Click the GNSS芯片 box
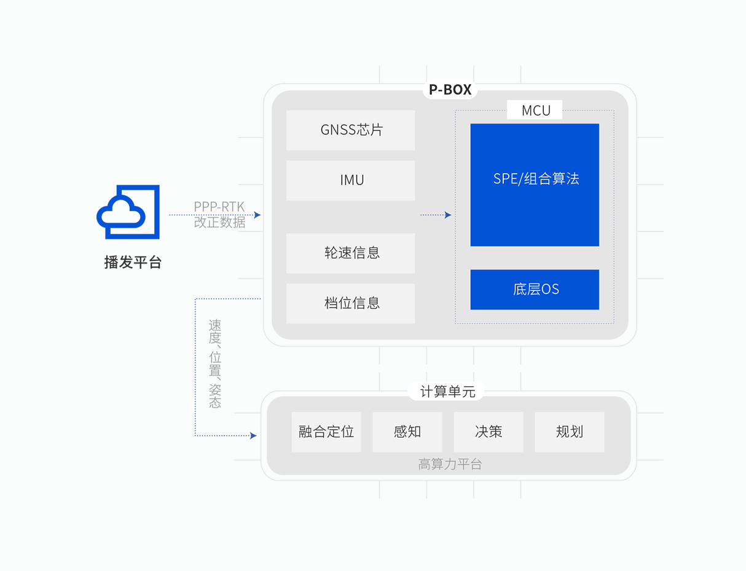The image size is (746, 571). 350,130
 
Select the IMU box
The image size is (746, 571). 350,181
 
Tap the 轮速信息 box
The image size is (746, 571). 350,253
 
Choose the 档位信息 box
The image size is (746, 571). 350,303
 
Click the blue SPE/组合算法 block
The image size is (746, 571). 535,185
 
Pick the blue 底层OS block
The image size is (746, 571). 535,289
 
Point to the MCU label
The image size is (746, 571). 536,111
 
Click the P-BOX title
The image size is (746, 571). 450,90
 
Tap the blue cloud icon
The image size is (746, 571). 128,212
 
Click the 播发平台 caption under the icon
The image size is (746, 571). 133,262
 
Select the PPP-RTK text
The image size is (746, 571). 219,207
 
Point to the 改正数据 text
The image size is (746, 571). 220,222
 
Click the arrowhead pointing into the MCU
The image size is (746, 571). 448,215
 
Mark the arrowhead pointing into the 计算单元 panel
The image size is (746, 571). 253,435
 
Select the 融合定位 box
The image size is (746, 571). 326,432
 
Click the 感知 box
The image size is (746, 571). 407,432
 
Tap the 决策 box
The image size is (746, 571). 489,432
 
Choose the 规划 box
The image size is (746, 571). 570,432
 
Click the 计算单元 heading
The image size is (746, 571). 448,391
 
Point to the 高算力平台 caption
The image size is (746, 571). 450,464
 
